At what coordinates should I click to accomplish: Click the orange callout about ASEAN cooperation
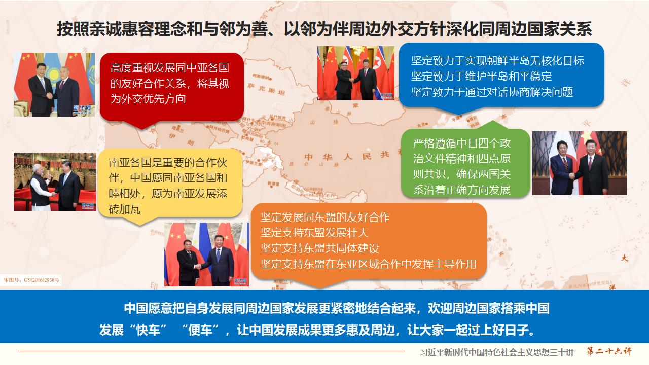[369, 241]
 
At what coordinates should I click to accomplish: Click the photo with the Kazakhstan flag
[54, 85]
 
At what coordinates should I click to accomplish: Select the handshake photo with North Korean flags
[355, 73]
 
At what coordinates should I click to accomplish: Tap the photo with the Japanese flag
[579, 163]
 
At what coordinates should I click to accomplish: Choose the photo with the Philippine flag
[206, 253]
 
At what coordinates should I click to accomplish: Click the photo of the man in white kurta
[55, 181]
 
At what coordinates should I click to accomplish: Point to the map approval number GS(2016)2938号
[31, 279]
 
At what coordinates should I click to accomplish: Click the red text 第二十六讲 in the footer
[609, 351]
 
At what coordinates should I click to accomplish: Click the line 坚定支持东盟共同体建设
[319, 248]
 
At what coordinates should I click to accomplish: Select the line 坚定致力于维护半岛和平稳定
[481, 77]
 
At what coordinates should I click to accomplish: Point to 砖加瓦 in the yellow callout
[125, 209]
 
